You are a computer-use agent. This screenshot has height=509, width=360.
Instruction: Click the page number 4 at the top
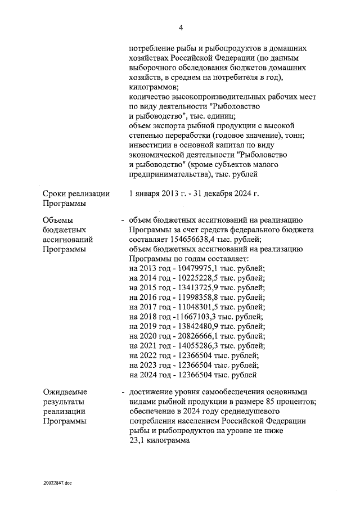pyautogui.click(x=181, y=28)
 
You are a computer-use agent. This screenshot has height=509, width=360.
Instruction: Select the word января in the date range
pyautogui.click(x=148, y=194)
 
